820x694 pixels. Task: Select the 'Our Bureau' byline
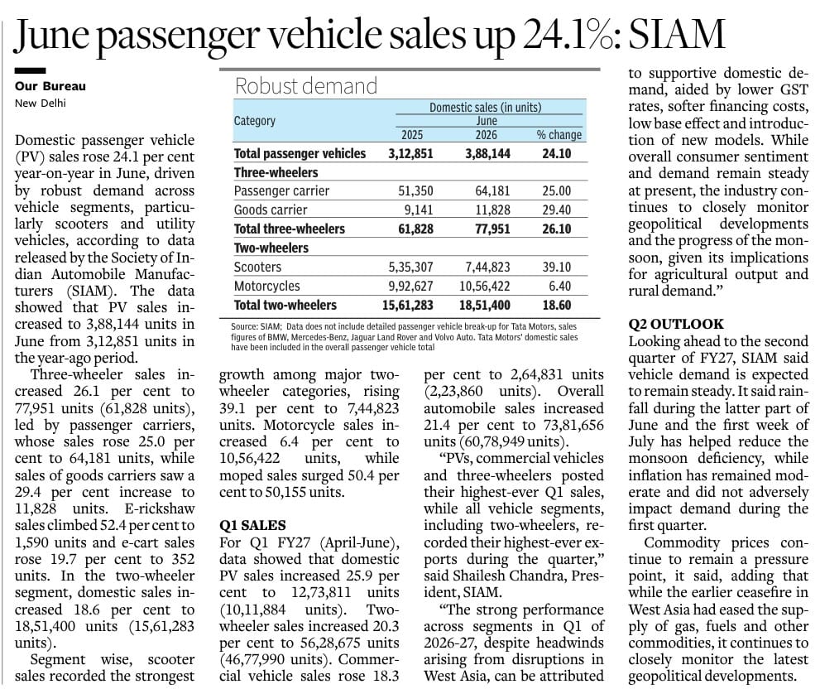pos(50,86)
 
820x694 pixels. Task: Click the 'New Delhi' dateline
pos(41,103)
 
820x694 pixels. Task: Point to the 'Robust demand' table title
pos(306,86)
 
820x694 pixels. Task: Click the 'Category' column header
pos(255,121)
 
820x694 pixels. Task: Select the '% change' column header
pos(559,134)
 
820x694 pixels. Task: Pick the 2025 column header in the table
pos(412,134)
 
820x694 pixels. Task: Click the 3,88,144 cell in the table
pos(488,153)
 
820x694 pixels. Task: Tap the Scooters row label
pos(258,267)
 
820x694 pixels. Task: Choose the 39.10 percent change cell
pos(557,267)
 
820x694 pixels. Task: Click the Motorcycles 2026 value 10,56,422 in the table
pos(485,286)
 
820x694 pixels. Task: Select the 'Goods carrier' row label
pos(271,210)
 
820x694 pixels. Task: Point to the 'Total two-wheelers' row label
pos(285,305)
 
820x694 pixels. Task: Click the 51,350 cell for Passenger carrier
pos(415,191)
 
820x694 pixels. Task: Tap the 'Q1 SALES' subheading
pos(252,526)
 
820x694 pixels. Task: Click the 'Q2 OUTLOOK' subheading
pos(676,324)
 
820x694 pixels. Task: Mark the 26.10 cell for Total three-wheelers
pos(557,229)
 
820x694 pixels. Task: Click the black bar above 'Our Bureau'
pos(31,70)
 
